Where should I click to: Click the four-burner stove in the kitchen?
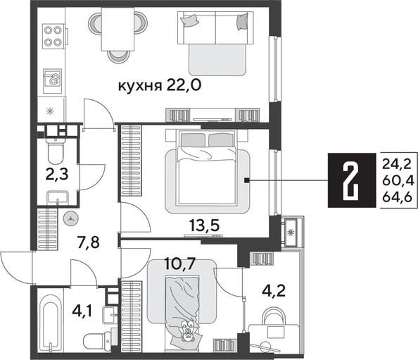click(53, 36)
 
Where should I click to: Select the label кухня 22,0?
click(160, 86)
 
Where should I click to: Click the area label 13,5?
click(204, 225)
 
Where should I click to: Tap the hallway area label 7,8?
click(88, 243)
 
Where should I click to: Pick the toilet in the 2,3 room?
click(55, 151)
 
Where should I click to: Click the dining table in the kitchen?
click(118, 29)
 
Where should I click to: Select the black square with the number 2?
click(351, 180)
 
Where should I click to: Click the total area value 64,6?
click(397, 198)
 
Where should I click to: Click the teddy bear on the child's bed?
click(187, 331)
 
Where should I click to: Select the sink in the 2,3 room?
click(58, 197)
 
